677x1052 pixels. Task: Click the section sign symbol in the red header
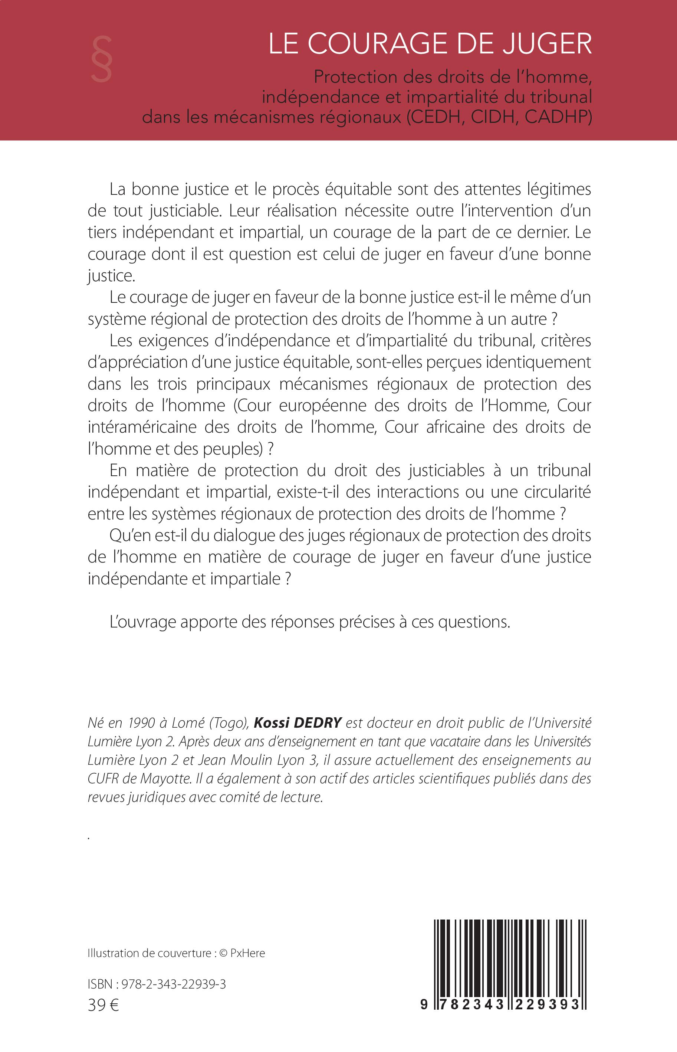102,59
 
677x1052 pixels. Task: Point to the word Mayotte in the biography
166,779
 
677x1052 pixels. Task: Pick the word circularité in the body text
558,492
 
